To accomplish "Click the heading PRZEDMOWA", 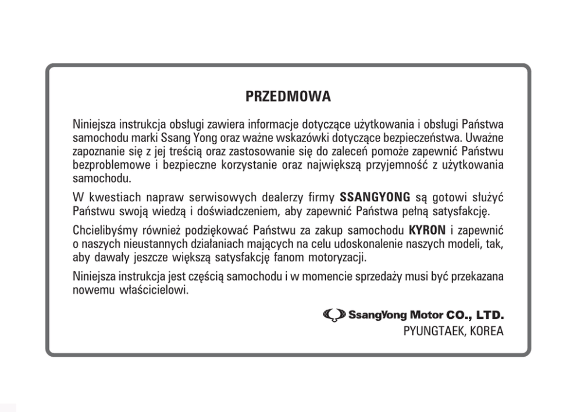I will [288, 97].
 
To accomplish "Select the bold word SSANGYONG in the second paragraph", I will [376, 196].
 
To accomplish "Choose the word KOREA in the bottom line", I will [485, 332].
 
